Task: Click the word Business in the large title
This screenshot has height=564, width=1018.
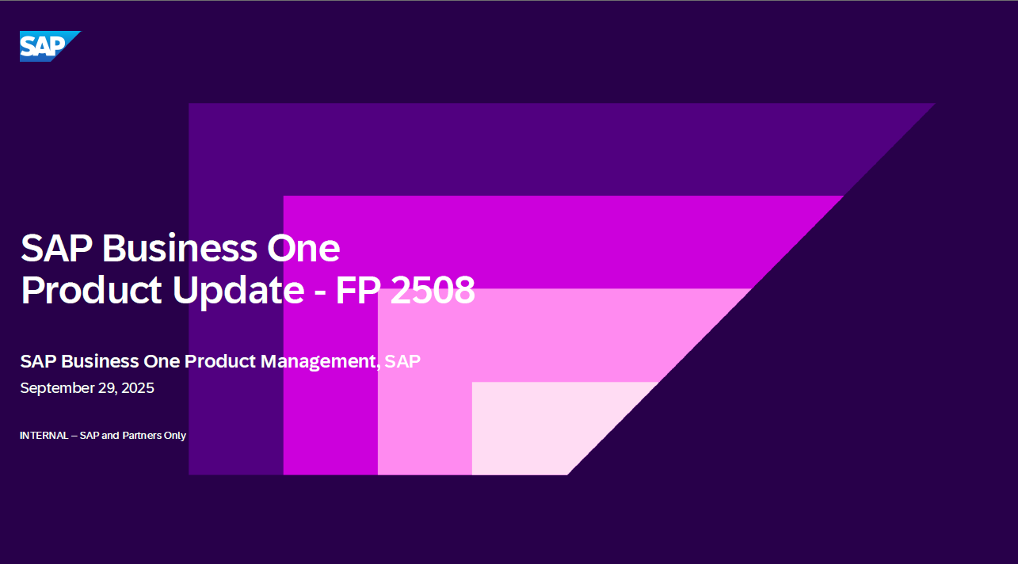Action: (180, 248)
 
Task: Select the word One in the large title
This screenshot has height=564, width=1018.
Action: (303, 248)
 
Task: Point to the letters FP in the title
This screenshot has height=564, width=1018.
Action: (357, 290)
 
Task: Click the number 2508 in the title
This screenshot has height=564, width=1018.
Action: (433, 290)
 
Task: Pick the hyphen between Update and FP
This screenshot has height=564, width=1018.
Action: (320, 292)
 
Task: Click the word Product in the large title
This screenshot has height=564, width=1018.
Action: (91, 290)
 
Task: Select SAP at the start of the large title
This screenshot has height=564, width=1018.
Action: (57, 248)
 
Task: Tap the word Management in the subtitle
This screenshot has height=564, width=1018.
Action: (318, 362)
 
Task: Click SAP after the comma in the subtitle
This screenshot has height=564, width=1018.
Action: (402, 361)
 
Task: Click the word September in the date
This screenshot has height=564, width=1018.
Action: (57, 389)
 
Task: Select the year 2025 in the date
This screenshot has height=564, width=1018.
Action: (138, 388)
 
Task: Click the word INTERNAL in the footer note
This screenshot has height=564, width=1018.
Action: (44, 436)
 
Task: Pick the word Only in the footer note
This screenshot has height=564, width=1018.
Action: (175, 436)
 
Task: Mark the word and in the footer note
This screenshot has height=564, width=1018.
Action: (110, 436)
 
